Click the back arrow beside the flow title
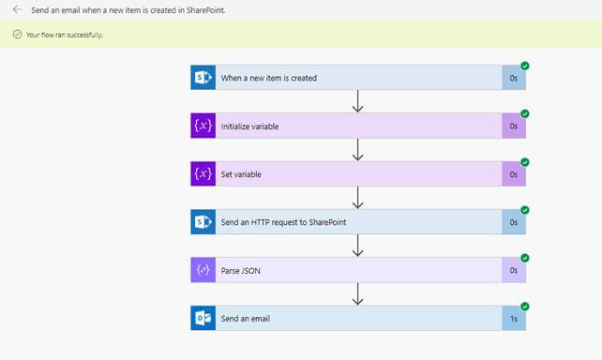tap(17, 9)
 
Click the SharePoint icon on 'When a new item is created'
tap(203, 78)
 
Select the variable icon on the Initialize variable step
tap(203, 126)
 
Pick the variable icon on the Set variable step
tap(203, 174)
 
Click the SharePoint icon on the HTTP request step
tap(203, 222)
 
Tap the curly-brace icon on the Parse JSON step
tap(203, 270)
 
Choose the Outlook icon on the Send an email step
tap(203, 318)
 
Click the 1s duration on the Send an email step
tap(514, 319)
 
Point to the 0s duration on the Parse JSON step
tap(514, 270)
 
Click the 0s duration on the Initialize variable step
tap(514, 126)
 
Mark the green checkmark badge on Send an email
tap(525, 306)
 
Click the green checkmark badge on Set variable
tap(525, 162)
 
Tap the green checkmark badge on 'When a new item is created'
tap(525, 66)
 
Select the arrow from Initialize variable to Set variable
tap(357, 150)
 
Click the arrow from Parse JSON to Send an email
tap(357, 294)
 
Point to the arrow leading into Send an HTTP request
tap(357, 198)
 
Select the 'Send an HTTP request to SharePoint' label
tap(282, 222)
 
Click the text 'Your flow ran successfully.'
tap(65, 35)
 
